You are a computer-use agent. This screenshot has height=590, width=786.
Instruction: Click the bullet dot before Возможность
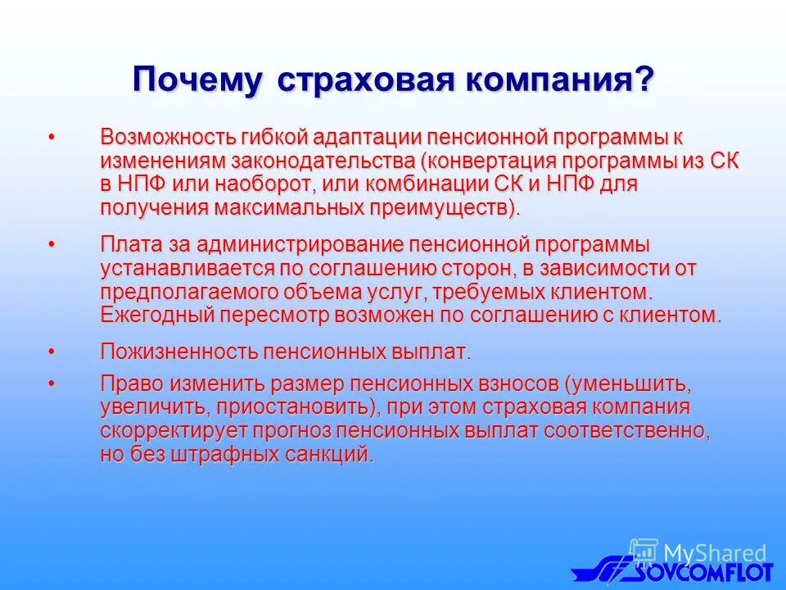pos(52,135)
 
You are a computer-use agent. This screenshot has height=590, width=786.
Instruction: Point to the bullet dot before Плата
pos(52,244)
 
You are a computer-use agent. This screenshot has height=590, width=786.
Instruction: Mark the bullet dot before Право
pos(52,383)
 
